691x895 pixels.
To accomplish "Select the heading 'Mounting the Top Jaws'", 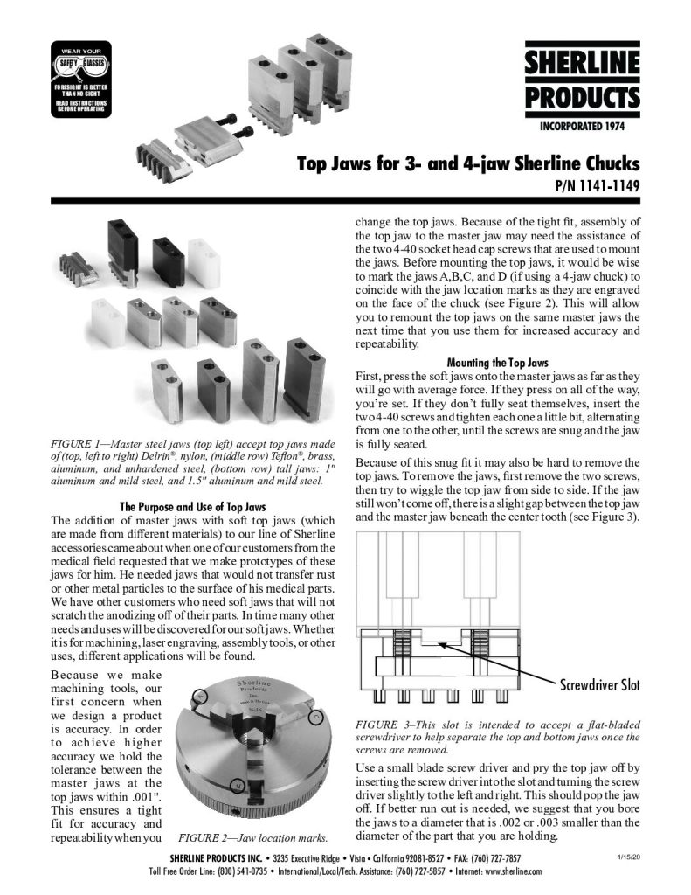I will pos(497,361).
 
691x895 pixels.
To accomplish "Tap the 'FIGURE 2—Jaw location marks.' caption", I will pos(252,836).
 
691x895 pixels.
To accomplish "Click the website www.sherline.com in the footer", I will pos(508,871).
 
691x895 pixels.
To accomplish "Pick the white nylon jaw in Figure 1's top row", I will pos(201,254).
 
